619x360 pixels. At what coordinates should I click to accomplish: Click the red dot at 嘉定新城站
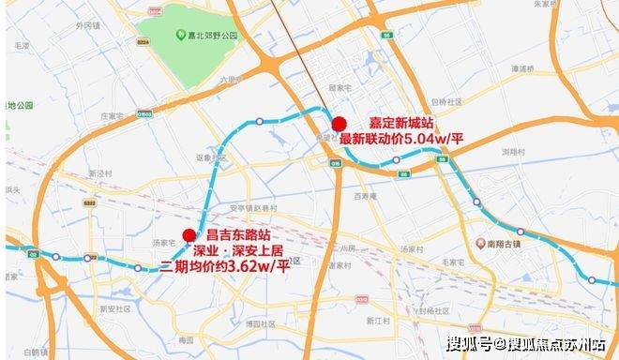[340, 124]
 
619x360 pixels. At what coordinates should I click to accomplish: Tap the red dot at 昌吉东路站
[189, 235]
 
